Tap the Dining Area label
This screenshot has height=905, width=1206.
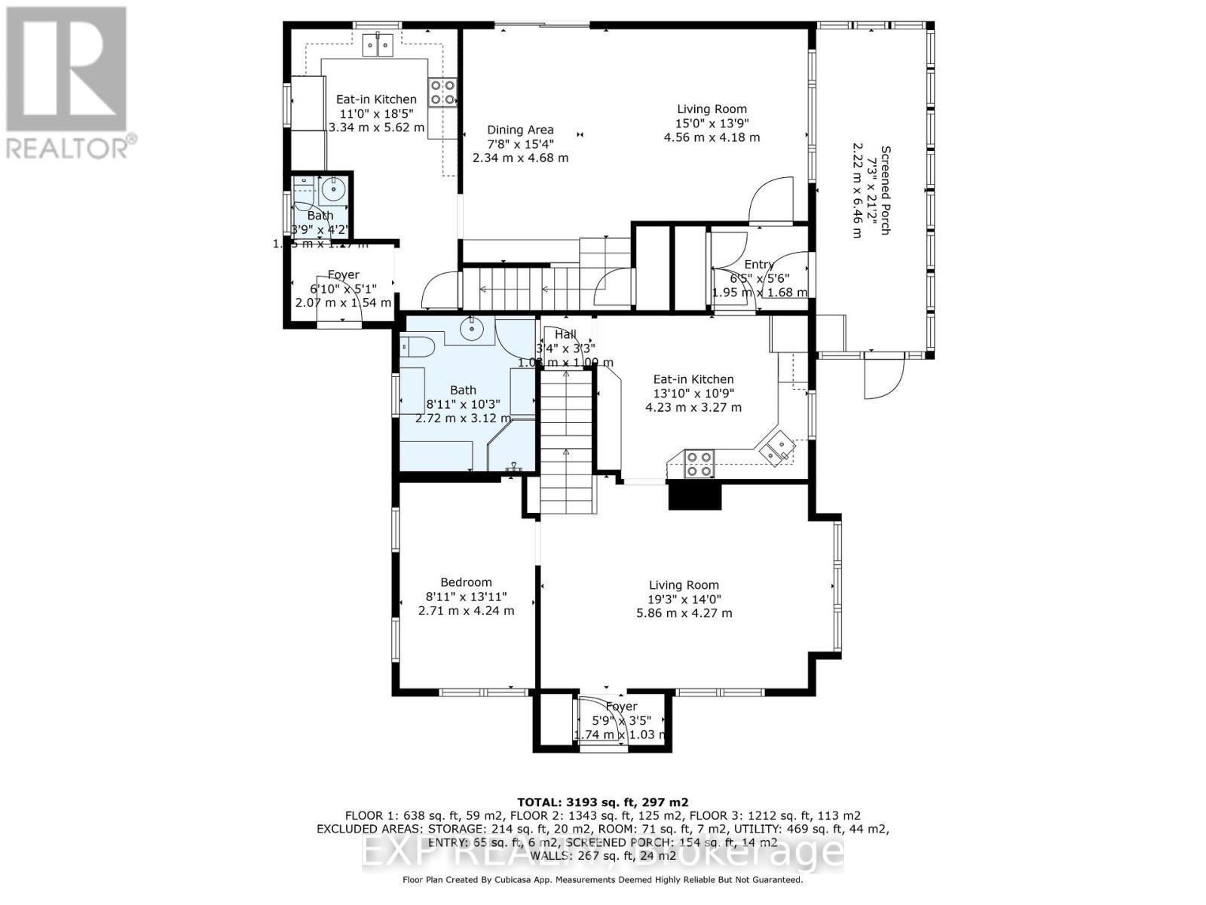(520, 130)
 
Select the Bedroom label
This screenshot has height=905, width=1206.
(466, 582)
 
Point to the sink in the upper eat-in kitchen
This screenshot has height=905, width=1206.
(379, 46)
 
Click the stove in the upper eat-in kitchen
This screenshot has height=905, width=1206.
(442, 92)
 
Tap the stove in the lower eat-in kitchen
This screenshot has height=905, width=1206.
(699, 463)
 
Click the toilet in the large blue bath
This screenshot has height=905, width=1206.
(416, 348)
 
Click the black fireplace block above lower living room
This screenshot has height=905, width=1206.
(695, 496)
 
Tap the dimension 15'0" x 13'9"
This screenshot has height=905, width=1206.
(712, 124)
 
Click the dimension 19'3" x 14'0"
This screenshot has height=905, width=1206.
(684, 599)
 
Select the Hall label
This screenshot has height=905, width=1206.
(565, 335)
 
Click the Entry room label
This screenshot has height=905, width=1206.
(758, 265)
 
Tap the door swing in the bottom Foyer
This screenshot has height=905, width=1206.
(603, 720)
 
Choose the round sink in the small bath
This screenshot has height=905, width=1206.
(332, 189)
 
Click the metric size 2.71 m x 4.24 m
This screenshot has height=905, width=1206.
(466, 610)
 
